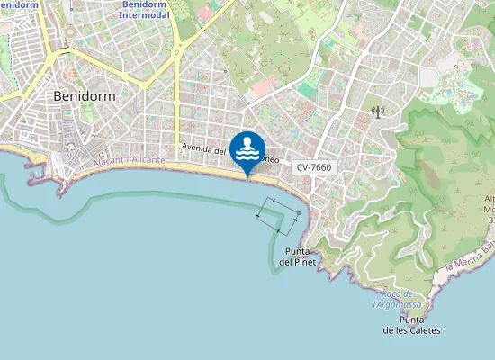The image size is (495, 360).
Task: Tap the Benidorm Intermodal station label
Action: (149, 10)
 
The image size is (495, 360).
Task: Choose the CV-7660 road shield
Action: (314, 167)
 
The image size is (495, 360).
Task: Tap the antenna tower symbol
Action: (378, 112)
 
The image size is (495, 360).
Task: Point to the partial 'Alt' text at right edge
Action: (489, 199)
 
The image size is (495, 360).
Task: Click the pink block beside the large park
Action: (265, 88)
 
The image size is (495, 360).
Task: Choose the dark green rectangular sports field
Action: (308, 91)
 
